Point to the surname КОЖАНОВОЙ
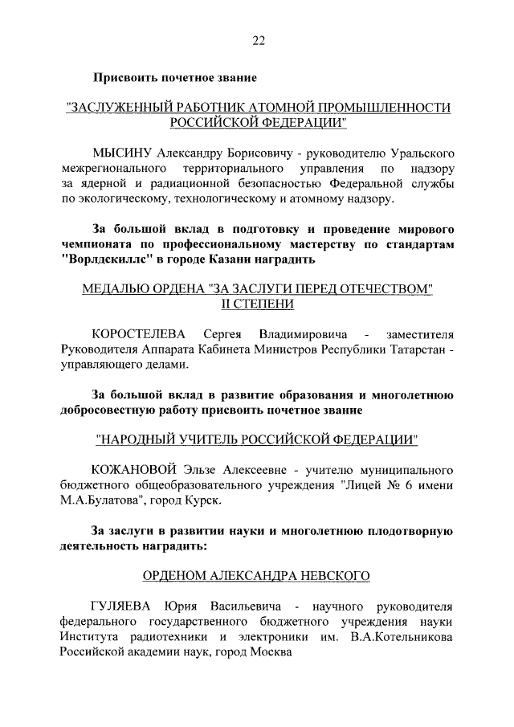click(129, 469)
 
